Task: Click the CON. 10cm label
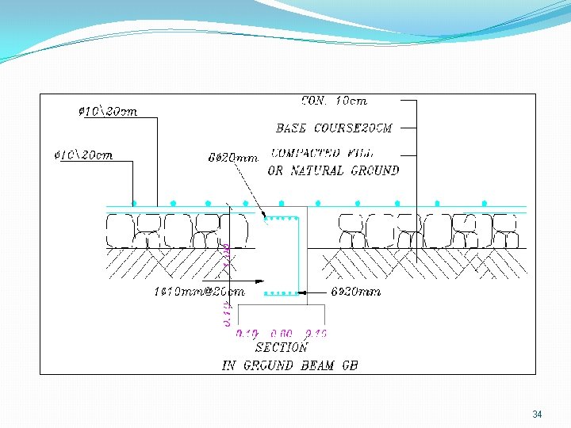tap(334, 101)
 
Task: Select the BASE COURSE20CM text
tap(334, 128)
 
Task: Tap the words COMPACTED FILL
tap(322, 153)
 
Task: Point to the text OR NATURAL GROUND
tap(333, 170)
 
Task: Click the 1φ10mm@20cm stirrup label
tap(198, 291)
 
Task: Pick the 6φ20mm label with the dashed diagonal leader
tap(233, 159)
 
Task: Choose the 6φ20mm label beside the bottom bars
tap(356, 292)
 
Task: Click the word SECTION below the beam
tap(281, 347)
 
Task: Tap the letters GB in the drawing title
tap(349, 365)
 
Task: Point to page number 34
tap(537, 415)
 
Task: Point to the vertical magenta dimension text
tap(227, 285)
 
